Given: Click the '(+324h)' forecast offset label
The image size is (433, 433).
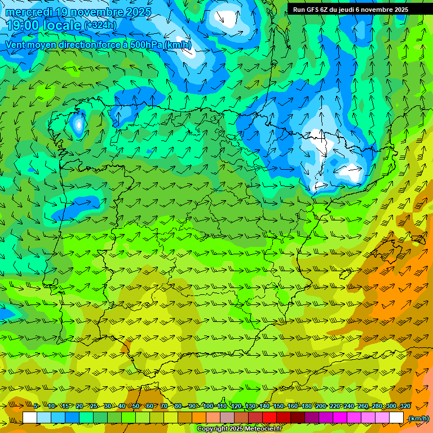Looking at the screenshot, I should click(x=100, y=25).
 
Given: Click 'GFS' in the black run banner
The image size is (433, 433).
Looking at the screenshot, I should click(x=315, y=10).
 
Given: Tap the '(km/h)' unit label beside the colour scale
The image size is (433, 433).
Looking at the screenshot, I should click(x=418, y=418).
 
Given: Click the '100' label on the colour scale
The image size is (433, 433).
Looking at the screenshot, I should click(x=207, y=406).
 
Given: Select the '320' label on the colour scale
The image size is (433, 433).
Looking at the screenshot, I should click(x=405, y=406).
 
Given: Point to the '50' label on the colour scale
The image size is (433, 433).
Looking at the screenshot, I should click(x=136, y=406).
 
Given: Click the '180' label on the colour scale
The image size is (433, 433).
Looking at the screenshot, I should click(x=306, y=406).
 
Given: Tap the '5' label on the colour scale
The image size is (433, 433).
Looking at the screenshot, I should click(x=37, y=406).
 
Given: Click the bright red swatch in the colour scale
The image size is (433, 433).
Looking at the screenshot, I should click(x=269, y=418).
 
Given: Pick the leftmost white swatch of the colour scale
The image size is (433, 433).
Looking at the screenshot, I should click(x=30, y=418).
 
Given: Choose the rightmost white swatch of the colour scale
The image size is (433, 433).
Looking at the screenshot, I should click(x=396, y=418).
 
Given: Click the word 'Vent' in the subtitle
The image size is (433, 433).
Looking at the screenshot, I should click(x=15, y=45).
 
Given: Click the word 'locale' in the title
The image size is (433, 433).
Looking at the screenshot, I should click(x=63, y=25).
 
